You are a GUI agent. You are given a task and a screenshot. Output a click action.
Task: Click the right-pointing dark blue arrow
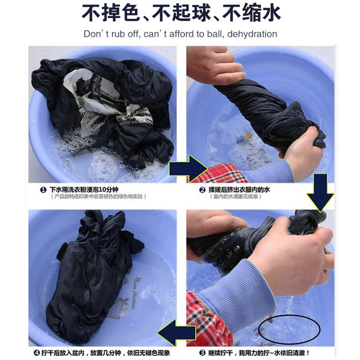tap(187, 169)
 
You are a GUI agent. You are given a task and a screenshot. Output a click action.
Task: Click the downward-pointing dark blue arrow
tap(320, 192)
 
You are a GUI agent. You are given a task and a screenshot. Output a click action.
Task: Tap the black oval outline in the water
tap(289, 329)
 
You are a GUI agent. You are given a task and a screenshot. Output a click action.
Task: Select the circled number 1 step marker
tap(43, 190)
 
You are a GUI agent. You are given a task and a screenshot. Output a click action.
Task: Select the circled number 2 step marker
tap(202, 190)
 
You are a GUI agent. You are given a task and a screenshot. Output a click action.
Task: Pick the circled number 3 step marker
tap(202, 353)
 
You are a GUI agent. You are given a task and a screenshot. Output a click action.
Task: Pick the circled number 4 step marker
tap(36, 353)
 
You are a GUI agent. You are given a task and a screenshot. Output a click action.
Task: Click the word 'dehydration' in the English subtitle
tap(252, 34)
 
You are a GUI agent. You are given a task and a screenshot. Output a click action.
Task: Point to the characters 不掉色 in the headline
tap(111, 12)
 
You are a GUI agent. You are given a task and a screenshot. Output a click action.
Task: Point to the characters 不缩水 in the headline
tap(251, 12)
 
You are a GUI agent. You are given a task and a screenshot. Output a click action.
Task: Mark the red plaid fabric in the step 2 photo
tap(219, 173)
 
